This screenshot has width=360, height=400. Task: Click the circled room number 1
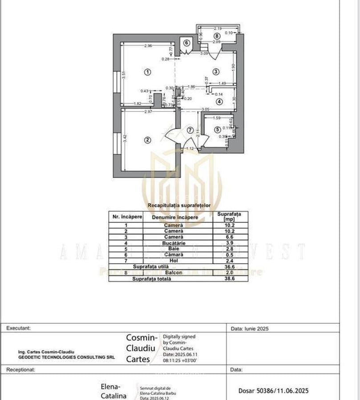(148, 72)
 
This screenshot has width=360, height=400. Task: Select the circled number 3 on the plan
(216, 72)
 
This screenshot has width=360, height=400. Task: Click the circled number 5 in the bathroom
(218, 130)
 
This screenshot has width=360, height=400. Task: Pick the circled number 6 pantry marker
(186, 43)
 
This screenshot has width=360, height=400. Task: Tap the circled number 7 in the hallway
(190, 130)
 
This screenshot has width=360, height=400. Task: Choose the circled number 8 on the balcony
(217, 36)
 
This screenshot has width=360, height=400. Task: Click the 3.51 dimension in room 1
(125, 76)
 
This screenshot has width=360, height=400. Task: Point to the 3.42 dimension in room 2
(125, 138)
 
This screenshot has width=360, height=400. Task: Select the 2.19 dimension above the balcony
(218, 29)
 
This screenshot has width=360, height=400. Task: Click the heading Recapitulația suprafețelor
(178, 206)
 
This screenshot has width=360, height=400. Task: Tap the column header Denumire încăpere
(175, 217)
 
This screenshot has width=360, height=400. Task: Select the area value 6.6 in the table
(229, 237)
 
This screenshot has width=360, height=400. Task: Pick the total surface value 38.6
(229, 279)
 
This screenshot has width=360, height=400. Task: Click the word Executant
(18, 328)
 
